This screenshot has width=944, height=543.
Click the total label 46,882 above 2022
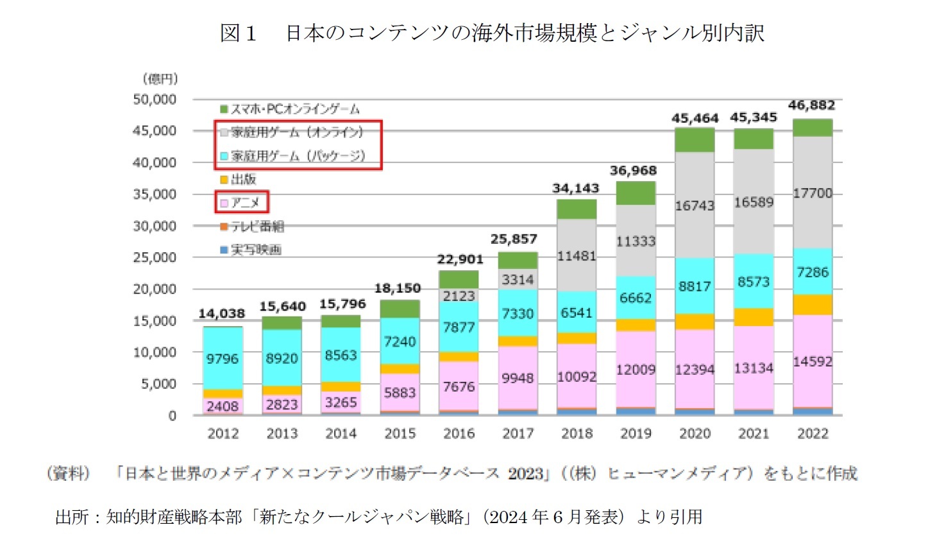811,105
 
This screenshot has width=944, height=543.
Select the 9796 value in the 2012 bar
222,359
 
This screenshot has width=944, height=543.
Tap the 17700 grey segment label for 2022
813,193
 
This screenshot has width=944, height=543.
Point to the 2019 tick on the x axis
636,434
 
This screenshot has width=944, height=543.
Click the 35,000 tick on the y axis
154,194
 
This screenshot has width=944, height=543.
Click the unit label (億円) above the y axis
160,79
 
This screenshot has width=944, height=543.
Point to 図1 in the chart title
238,33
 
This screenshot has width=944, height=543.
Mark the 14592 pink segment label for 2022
813,362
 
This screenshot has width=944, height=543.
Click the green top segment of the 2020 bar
695,140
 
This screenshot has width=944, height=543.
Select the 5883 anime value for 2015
400,393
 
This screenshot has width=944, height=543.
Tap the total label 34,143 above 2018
575,189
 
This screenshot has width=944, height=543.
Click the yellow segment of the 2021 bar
754,317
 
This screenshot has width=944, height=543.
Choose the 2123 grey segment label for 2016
459,296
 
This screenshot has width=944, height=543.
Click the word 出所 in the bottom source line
72,517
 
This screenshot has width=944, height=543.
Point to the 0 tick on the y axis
172,416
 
